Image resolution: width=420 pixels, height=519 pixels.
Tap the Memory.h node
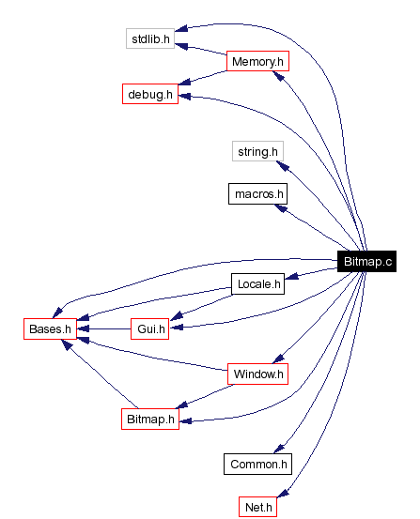pyautogui.click(x=257, y=62)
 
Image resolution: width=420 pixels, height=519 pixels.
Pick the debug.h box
pyautogui.click(x=150, y=94)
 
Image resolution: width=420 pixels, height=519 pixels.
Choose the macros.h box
pyautogui.click(x=257, y=194)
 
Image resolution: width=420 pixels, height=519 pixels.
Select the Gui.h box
pyautogui.click(x=150, y=328)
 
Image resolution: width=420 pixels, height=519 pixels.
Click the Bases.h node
pyautogui.click(x=49, y=328)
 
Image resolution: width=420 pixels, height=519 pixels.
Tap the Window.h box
pyautogui.click(x=257, y=374)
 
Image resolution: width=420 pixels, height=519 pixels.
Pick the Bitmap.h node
pyautogui.click(x=150, y=419)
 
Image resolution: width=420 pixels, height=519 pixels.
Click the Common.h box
pyautogui.click(x=257, y=464)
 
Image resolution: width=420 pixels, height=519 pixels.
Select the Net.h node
pyautogui.click(x=257, y=508)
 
